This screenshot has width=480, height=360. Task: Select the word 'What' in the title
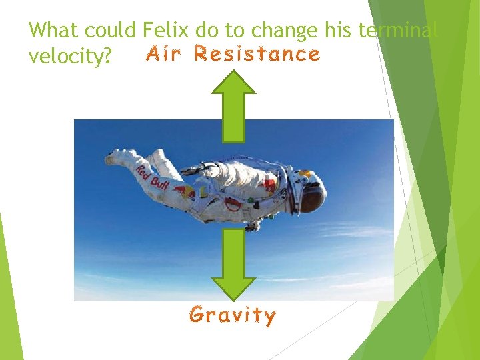(x=51, y=30)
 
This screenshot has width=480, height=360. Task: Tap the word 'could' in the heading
(x=107, y=30)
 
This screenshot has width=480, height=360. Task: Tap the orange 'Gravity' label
(x=232, y=315)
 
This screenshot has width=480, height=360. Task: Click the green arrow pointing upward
(x=233, y=107)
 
